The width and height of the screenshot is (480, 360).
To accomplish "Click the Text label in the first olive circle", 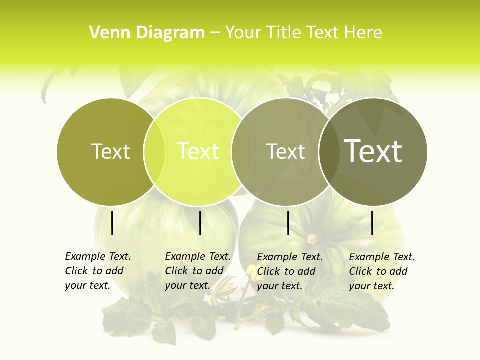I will (110, 151).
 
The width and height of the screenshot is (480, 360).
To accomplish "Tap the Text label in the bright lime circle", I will (198, 151).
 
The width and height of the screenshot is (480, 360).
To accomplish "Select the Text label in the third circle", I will (285, 151).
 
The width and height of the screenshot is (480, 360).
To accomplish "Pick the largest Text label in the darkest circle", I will (373, 151).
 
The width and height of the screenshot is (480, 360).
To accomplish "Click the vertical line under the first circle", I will (112, 223).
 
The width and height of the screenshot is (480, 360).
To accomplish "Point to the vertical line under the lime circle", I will (200, 223).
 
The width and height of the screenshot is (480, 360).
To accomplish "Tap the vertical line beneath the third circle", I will (288, 223).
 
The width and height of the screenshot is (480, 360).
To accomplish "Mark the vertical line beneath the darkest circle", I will (372, 223).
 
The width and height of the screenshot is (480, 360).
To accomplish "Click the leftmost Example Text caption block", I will (97, 271).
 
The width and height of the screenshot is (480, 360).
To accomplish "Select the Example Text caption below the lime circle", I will (197, 271).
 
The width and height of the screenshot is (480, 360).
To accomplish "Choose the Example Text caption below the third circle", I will (289, 271).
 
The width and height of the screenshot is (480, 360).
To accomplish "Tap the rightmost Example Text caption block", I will (381, 271).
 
